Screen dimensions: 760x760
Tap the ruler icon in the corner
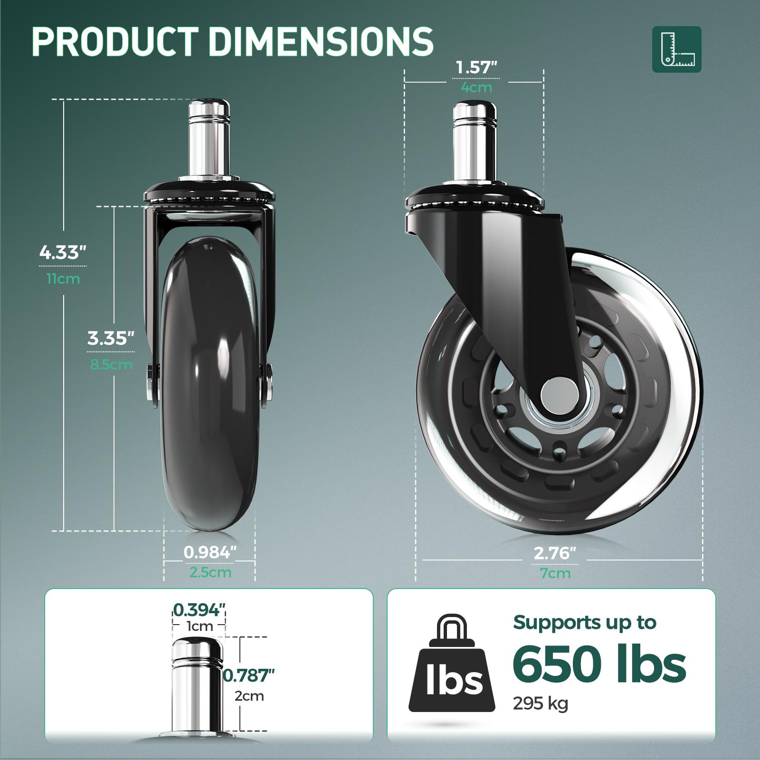676,49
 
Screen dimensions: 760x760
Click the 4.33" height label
63,252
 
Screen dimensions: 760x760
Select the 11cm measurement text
63,279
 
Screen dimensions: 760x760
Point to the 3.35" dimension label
111,338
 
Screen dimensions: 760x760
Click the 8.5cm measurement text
111,365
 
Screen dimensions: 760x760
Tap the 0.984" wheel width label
209,552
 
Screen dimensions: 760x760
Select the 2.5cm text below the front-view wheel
210,572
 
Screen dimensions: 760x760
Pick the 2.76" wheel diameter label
555,553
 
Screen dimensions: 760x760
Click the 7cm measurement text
555,573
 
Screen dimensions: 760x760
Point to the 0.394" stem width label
199,609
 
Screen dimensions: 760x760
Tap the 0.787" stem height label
249,675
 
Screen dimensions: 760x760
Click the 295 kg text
540,703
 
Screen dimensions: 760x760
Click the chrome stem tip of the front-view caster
209,110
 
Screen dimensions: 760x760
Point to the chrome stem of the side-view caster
475,142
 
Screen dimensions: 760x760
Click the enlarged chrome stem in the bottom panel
197,684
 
